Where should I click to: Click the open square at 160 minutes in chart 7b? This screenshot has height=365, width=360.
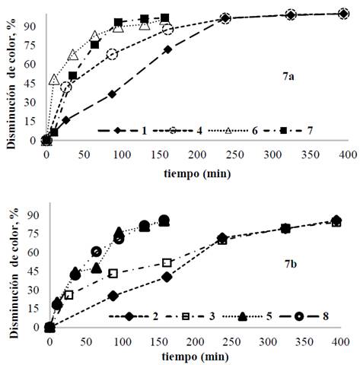point(167,262)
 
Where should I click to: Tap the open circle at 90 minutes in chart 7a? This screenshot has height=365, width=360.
point(113,54)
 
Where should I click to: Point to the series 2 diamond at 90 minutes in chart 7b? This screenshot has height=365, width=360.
point(113,295)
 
